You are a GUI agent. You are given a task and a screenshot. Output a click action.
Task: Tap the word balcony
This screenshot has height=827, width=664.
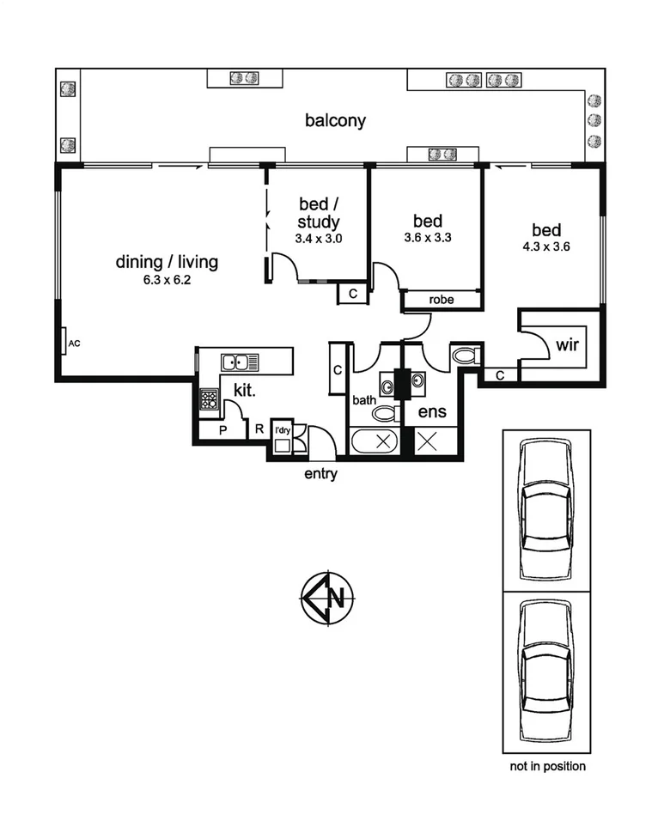[335, 120]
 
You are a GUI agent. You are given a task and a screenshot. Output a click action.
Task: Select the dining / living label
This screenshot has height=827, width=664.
[167, 262]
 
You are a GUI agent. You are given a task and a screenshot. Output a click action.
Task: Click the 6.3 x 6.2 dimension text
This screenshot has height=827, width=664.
[167, 280]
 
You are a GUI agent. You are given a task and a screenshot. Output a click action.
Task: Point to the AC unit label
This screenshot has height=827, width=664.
[74, 344]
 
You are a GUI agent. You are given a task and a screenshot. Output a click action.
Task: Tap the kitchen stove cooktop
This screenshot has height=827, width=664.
[209, 399]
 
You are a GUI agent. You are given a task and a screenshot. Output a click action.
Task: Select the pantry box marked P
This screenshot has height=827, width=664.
[222, 429]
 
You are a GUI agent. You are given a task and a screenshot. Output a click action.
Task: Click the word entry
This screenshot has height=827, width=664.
[320, 473]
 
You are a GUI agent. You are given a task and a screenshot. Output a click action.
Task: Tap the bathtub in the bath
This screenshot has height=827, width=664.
[375, 442]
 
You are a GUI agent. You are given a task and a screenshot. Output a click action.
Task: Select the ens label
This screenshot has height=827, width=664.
[431, 412]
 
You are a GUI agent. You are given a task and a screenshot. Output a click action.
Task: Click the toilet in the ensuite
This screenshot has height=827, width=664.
[466, 355]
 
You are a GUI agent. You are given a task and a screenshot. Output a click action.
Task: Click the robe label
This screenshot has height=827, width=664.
[442, 300]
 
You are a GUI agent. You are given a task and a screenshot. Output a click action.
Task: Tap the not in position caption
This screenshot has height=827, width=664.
[546, 766]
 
